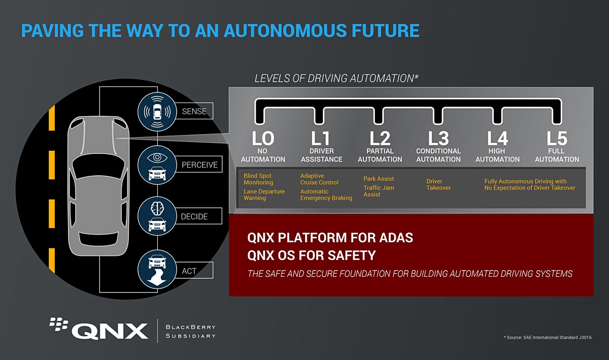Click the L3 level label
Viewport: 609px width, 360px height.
(438, 138)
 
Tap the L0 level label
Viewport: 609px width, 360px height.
(263, 138)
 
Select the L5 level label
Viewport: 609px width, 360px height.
(557, 138)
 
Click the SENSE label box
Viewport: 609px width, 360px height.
(194, 111)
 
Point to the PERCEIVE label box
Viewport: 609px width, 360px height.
(199, 165)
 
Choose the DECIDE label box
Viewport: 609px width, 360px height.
(194, 217)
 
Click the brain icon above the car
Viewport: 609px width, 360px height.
(157, 209)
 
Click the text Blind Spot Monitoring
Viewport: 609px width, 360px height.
(258, 179)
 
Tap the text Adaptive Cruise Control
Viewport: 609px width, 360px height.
(319, 179)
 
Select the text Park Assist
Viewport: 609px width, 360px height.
(379, 179)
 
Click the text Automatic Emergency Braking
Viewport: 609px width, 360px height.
(326, 195)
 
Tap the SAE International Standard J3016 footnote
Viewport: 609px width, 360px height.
(547, 338)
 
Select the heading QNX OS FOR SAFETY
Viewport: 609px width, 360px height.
(311, 255)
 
